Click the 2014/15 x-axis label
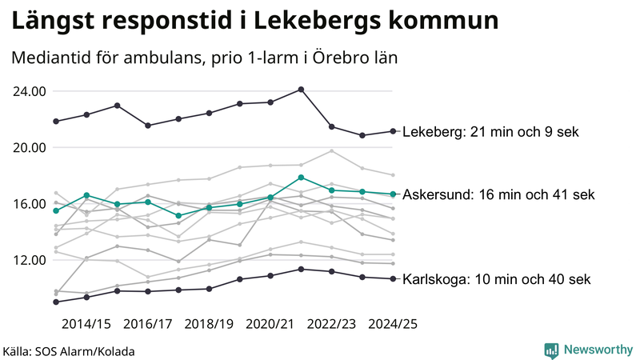(86, 324)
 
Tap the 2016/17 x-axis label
(148, 324)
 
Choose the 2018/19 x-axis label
(209, 324)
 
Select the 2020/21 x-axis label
(270, 324)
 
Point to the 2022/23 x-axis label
(331, 324)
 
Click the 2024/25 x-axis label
(393, 324)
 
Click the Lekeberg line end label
(490, 132)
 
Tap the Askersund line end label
(498, 194)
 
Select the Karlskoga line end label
(496, 279)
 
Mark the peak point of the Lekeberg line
(301, 90)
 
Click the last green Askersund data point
(393, 194)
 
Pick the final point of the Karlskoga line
(393, 278)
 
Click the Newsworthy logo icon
(551, 350)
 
